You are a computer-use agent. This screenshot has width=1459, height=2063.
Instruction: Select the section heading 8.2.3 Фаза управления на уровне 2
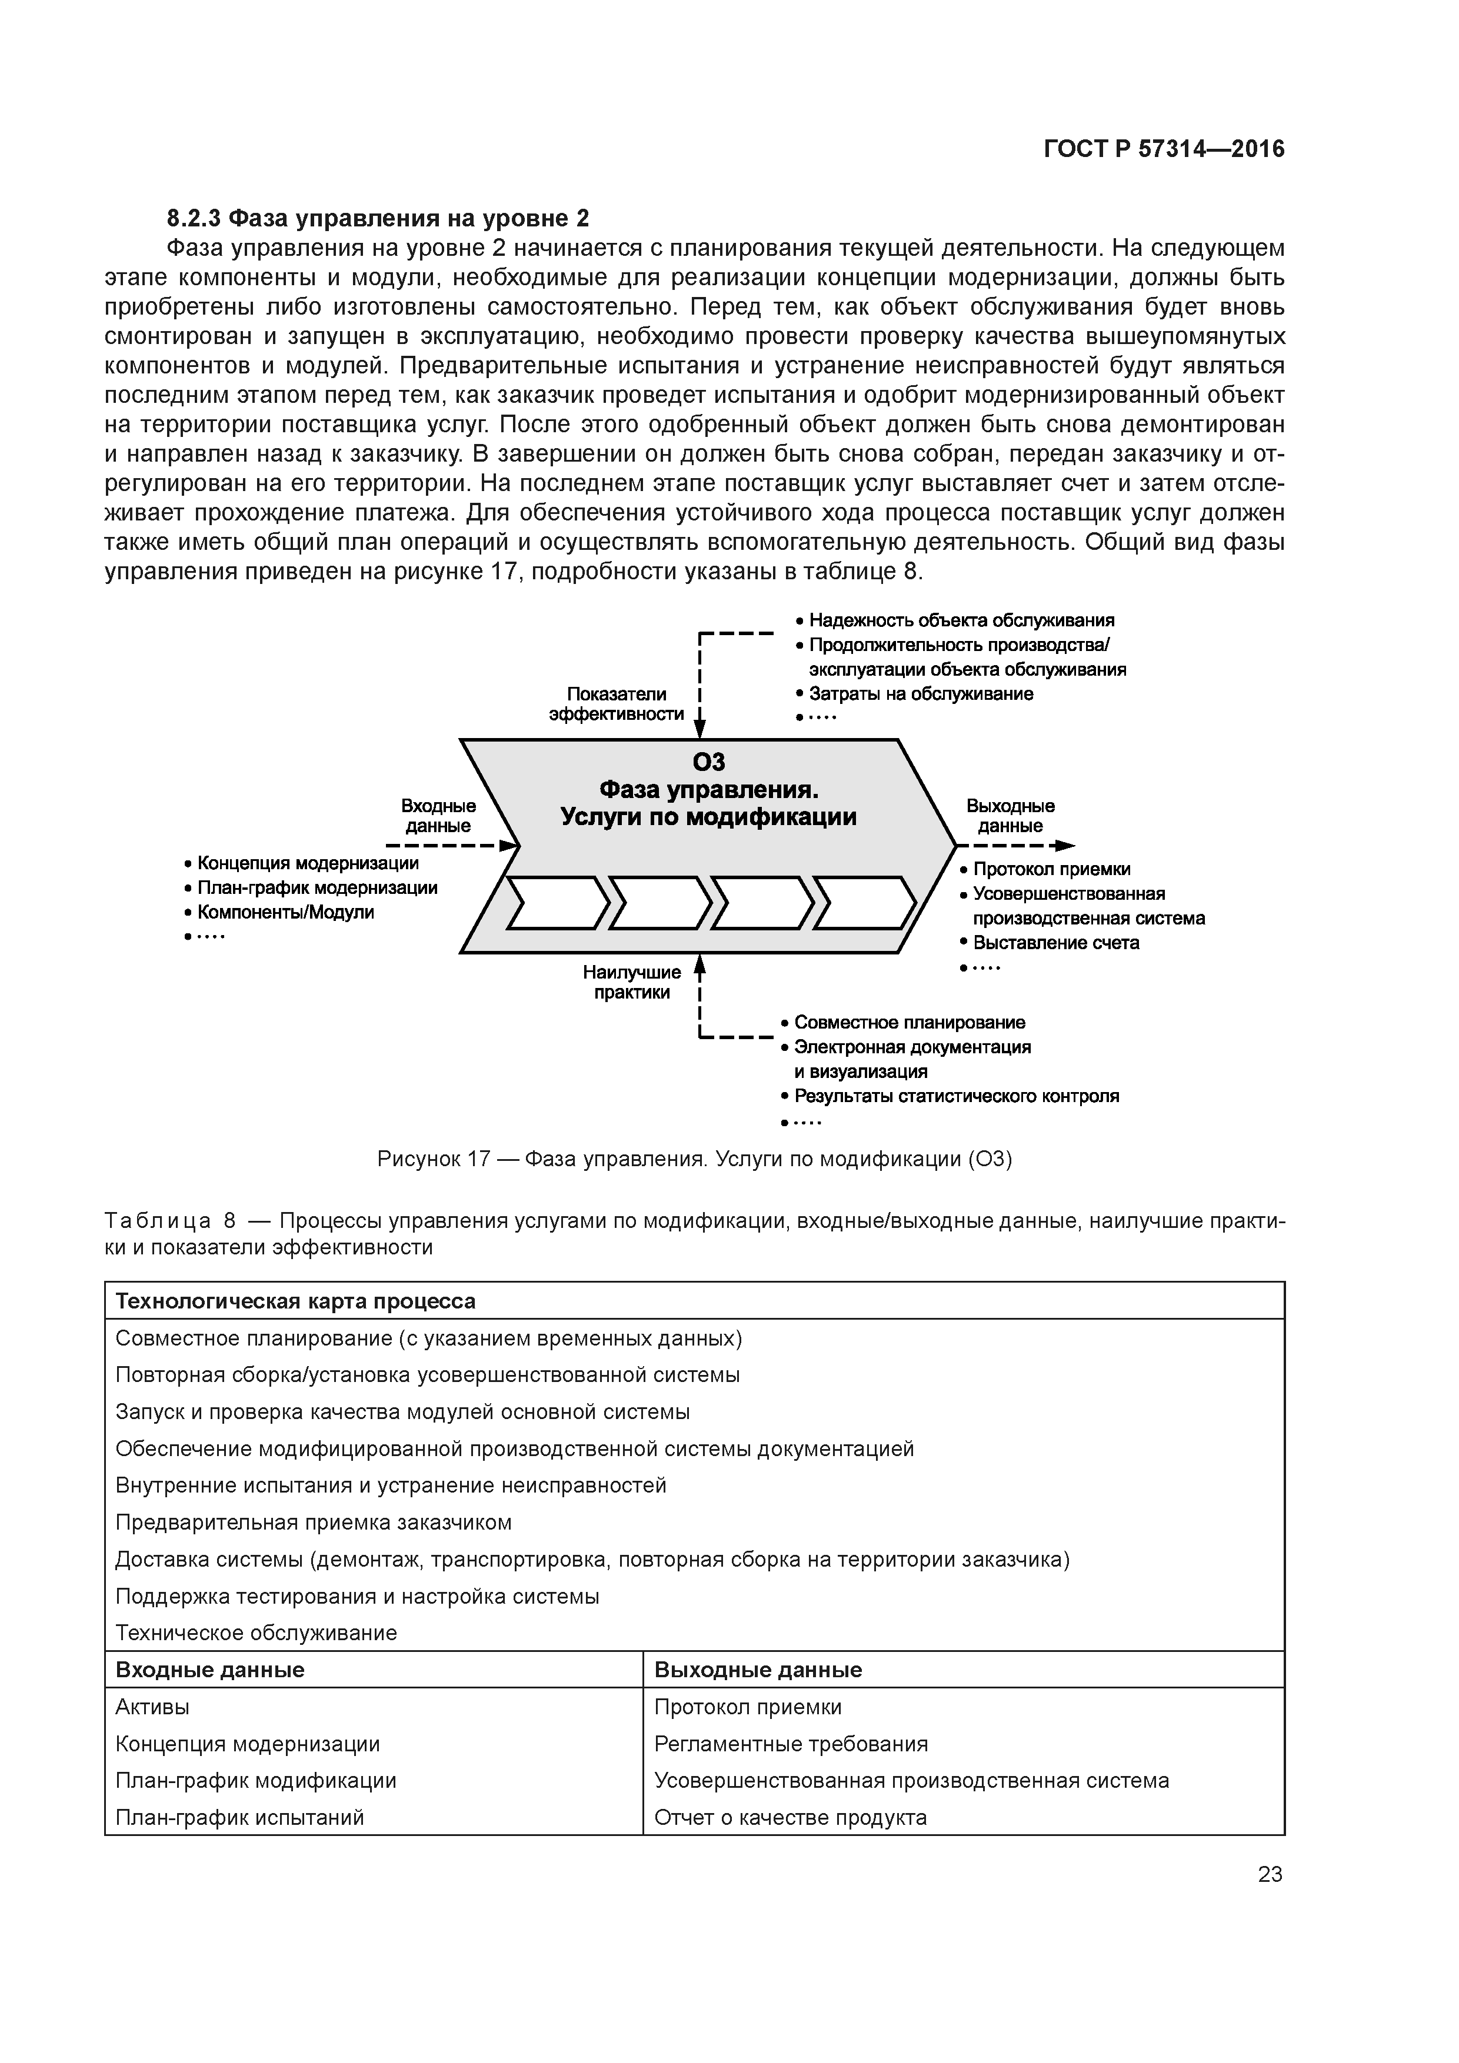(378, 218)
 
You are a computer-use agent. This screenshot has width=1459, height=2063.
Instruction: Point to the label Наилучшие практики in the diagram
(631, 982)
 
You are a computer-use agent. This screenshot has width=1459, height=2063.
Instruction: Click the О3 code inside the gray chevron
(708, 762)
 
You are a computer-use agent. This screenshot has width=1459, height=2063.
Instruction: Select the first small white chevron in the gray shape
(557, 902)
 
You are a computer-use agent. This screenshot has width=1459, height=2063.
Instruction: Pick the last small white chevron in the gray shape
(864, 902)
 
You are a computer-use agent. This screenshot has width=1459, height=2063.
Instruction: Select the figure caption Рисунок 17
(694, 1159)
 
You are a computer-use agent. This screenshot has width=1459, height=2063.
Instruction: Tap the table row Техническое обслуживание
(256, 1633)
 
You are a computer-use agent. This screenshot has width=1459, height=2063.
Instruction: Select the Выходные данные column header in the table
(757, 1670)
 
